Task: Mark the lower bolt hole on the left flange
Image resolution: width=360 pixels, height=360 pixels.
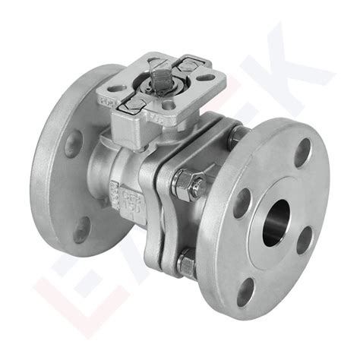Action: (x=81, y=229)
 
